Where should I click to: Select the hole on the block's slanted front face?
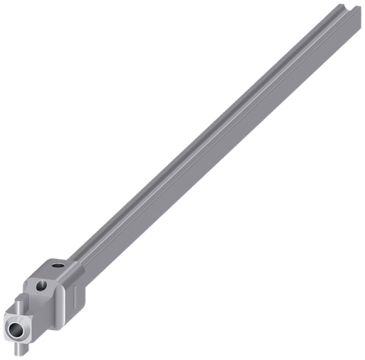tap(41, 285)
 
